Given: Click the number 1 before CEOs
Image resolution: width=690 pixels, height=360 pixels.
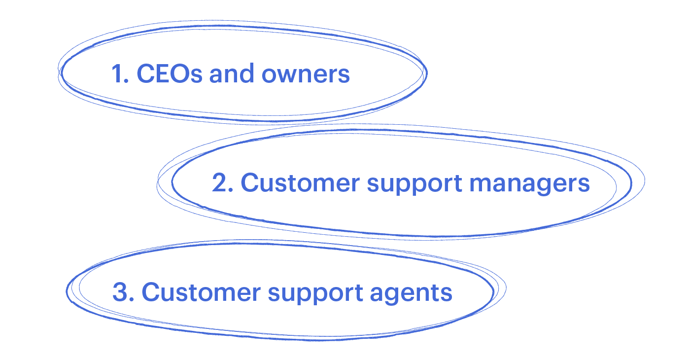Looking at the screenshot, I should (117, 74).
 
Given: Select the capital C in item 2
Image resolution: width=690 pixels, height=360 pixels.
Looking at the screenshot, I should (251, 183).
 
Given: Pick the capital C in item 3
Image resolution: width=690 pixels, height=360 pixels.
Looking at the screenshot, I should (152, 292).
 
